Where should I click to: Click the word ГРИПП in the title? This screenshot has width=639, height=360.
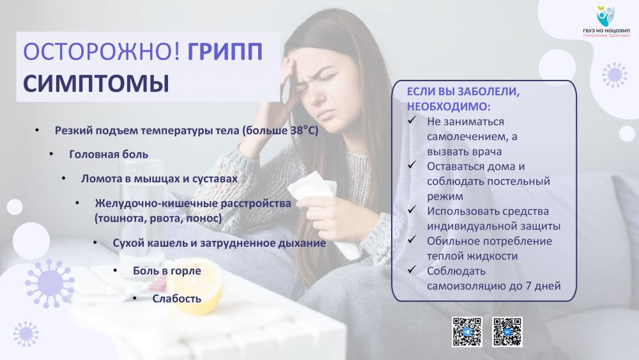coord(225,52)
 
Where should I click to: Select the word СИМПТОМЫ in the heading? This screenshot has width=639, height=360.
coord(96,83)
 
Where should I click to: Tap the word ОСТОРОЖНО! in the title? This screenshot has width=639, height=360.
coord(102,52)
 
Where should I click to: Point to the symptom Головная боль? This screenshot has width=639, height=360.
coord(109,155)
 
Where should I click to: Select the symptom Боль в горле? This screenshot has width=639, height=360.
coord(167,271)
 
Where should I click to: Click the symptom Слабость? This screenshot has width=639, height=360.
coord(177,299)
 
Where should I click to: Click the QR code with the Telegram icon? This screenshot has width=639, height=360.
coord(467,332)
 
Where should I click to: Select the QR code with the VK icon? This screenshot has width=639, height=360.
coord(507,332)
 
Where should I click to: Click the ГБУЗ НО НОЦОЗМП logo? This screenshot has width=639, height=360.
coord(606,22)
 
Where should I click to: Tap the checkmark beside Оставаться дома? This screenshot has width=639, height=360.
coord(412,165)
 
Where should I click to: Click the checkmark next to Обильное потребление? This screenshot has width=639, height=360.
coord(412,239)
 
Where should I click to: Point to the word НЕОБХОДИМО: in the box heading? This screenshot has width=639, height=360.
coord(449,107)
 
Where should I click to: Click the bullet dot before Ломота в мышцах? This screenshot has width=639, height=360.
coord(64,178)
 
